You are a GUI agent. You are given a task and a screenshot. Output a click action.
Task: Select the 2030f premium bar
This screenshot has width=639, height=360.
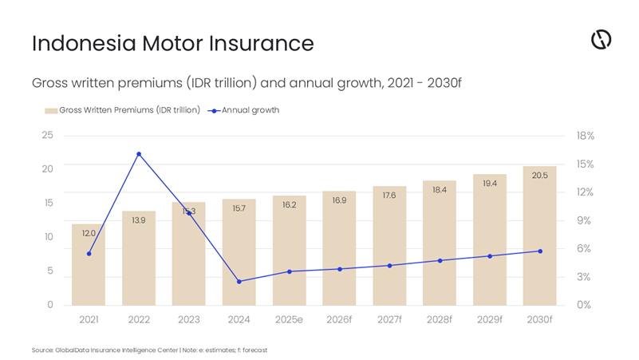(539, 239)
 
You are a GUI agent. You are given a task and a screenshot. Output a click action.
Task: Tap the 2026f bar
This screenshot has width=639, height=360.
(339, 251)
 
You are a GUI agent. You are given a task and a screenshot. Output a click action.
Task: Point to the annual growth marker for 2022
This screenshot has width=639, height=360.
(139, 154)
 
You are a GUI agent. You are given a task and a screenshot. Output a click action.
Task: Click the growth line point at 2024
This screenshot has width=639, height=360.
(239, 281)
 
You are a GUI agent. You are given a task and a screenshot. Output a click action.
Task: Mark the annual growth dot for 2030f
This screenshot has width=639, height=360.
(540, 251)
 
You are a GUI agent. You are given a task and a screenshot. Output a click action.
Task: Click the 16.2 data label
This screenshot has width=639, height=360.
(289, 205)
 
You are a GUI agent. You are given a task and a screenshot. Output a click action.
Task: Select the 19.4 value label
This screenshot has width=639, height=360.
(490, 184)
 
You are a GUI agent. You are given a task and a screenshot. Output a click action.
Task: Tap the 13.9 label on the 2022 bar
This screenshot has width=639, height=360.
(139, 220)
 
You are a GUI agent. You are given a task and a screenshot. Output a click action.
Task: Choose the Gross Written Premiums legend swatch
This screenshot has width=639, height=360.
(50, 110)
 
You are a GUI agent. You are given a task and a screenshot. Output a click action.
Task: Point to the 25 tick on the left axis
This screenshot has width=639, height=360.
(48, 135)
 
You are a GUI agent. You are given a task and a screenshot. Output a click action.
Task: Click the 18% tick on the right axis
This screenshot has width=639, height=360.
(585, 136)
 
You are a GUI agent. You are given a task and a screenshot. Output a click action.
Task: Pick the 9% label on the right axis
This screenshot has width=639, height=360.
(585, 220)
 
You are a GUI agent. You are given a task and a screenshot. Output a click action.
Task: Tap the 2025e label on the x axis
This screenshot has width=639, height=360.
(289, 319)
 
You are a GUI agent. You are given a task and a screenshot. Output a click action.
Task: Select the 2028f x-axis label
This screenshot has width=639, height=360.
(440, 319)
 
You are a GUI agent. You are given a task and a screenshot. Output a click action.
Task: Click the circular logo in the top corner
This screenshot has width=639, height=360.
(601, 39)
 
